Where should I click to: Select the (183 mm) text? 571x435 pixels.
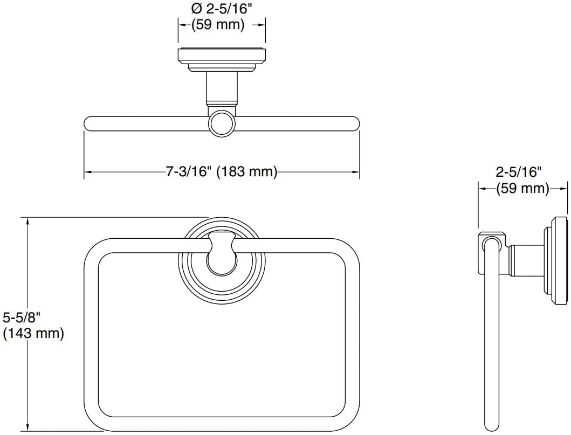pyautogui.click(x=247, y=172)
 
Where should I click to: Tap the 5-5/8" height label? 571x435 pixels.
pyautogui.click(x=20, y=317)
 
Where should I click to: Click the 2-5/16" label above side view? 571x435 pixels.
pyautogui.click(x=518, y=172)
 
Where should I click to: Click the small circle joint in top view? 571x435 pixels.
pyautogui.click(x=222, y=123)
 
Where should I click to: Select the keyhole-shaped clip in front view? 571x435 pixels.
pyautogui.click(x=222, y=253)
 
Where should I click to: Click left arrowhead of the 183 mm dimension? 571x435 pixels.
pyautogui.click(x=87, y=172)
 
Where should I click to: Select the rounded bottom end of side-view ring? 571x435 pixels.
pyautogui.click(x=491, y=426)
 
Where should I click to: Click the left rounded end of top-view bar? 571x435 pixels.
pyautogui.click(x=88, y=123)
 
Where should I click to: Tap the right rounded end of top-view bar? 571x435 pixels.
pyautogui.click(x=354, y=123)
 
